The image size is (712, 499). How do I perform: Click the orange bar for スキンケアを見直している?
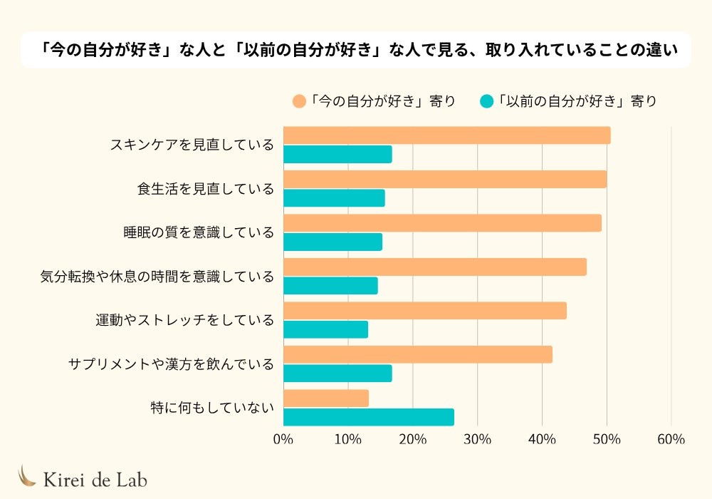tap(446, 135)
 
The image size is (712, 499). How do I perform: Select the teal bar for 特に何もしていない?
tap(368, 417)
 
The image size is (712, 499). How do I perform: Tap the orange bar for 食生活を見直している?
tap(445, 179)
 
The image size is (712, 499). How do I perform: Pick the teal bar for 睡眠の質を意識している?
tap(333, 242)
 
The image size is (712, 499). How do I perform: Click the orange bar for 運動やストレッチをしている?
tap(424, 311)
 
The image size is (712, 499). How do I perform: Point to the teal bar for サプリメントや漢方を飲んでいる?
tap(337, 373)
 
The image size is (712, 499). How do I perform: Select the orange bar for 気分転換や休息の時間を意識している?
tap(434, 267)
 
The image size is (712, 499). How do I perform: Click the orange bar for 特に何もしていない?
tap(325, 398)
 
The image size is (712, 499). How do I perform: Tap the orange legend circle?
tap(299, 101)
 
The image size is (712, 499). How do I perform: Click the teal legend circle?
tap(487, 101)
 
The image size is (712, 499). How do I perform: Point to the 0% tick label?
tap(283, 439)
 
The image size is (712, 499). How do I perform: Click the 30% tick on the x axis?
tap(477, 439)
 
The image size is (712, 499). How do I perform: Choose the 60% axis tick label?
tap(671, 439)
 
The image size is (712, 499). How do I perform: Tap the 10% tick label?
tap(347, 439)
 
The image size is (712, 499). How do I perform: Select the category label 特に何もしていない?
tap(212, 408)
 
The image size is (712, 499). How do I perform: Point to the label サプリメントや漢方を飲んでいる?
tap(171, 364)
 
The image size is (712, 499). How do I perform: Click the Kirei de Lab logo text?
tap(95, 480)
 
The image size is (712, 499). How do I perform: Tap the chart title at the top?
tap(356, 50)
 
